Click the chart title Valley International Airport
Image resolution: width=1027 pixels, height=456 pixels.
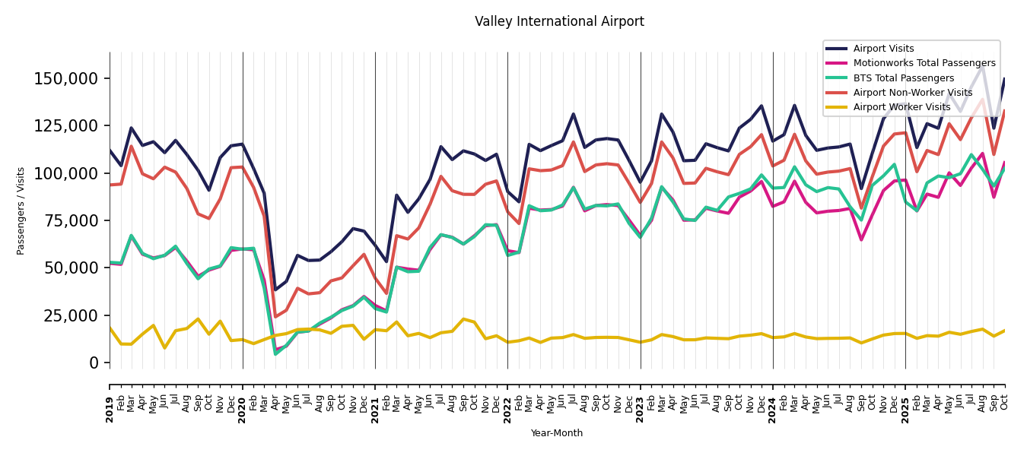[x=559, y=22]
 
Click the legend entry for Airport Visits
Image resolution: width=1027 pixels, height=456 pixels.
[x=883, y=49]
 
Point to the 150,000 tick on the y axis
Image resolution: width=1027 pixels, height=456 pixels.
[x=66, y=79]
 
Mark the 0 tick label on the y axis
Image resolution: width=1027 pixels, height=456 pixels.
[x=94, y=363]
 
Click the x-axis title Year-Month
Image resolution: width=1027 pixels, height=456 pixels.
[x=557, y=433]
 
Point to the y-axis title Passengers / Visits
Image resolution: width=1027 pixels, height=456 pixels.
[x=21, y=211]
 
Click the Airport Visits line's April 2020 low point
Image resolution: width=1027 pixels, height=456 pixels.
[x=275, y=290]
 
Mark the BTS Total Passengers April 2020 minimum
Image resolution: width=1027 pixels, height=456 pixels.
[x=275, y=354]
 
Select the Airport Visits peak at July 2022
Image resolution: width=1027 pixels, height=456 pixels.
[x=574, y=114]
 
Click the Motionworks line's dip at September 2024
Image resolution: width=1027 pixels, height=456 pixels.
[x=861, y=240]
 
